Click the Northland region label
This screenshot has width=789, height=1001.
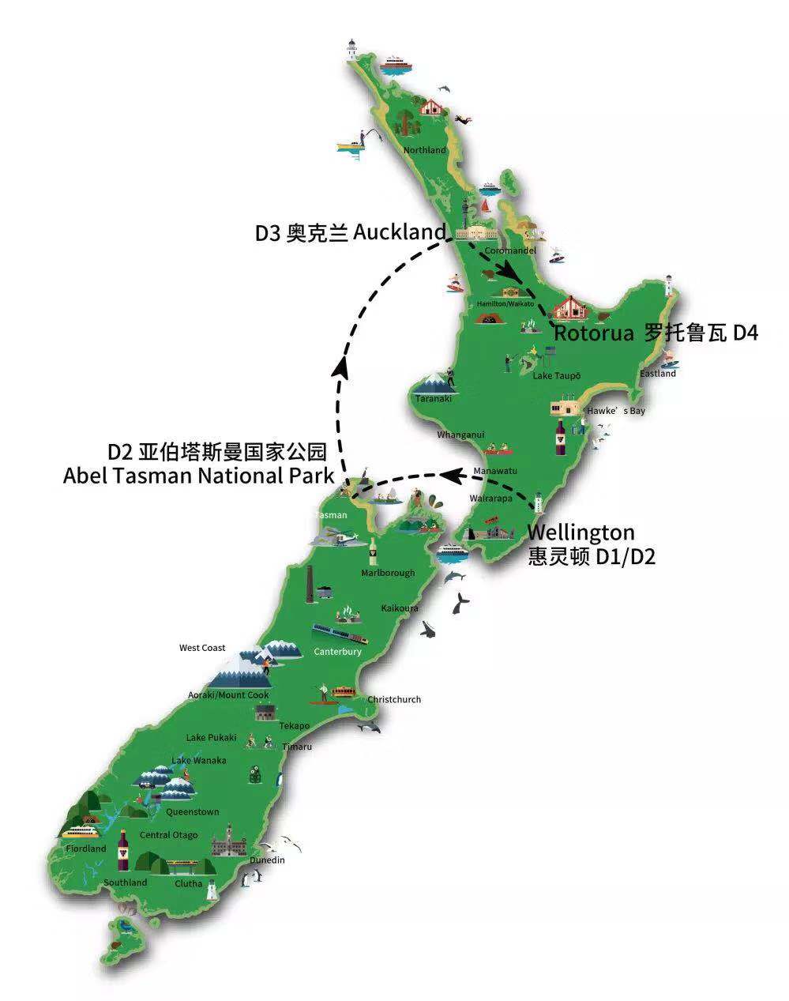coord(424,150)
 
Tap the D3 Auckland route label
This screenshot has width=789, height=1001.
coord(350,233)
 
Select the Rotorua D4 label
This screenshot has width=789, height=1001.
coord(656,333)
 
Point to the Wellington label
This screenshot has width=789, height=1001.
coord(580,532)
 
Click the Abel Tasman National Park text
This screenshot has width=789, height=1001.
coord(198,476)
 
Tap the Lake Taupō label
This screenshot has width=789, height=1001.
coord(556,376)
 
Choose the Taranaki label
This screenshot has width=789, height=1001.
coord(434,399)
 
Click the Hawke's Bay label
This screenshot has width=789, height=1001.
coord(615,411)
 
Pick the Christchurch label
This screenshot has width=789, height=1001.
coord(394,699)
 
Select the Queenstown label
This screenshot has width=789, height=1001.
coord(192,812)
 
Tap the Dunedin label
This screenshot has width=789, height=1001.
coord(266,860)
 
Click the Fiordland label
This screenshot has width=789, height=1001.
coord(86,849)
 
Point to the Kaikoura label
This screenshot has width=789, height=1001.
coord(400,608)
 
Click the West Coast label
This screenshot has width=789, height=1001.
coord(202,648)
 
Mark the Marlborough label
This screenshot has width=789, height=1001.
coord(388,573)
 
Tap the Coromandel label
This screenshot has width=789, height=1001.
coord(510,250)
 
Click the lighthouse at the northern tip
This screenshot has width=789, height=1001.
coord(351,47)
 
